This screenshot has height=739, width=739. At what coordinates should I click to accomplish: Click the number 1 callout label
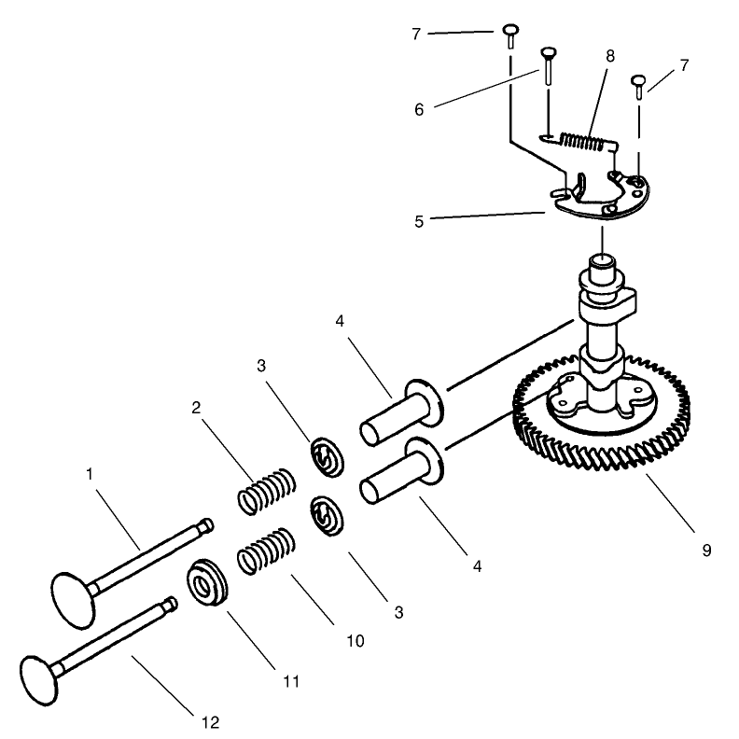pyautogui.click(x=91, y=474)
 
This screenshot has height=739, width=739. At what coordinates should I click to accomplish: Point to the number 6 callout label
pyautogui.click(x=419, y=109)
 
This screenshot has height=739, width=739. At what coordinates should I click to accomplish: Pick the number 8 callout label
pyautogui.click(x=610, y=56)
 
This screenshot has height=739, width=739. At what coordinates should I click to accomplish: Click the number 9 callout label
pyautogui.click(x=706, y=551)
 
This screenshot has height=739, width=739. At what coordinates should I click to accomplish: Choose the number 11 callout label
pyautogui.click(x=290, y=682)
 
